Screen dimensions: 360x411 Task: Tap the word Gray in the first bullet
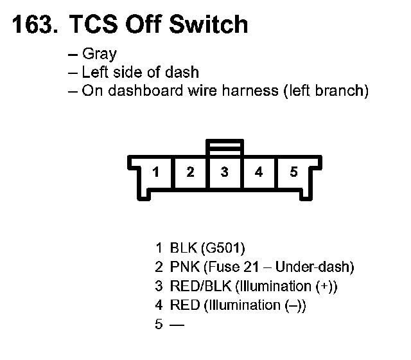(100, 54)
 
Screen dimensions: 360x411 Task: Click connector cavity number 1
(156, 172)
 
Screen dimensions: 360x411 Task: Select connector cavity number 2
(190, 172)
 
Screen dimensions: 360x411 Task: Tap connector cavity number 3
(224, 172)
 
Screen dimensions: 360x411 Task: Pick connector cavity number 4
(258, 172)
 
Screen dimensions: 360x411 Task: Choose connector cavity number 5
(293, 172)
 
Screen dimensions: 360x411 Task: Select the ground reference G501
(223, 248)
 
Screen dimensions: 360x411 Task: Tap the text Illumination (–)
(254, 305)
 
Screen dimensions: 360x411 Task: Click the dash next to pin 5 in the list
(177, 325)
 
